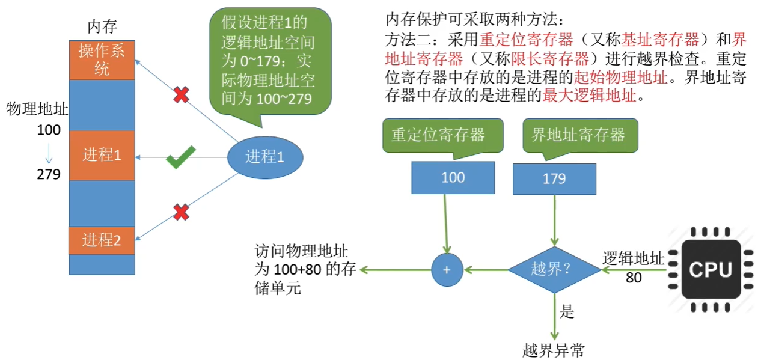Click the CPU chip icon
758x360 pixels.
tap(711, 270)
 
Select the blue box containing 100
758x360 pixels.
tap(453, 178)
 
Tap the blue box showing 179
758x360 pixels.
tap(554, 179)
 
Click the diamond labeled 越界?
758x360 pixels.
tap(554, 270)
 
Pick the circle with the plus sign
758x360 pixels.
tap(447, 270)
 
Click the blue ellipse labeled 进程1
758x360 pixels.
tap(265, 157)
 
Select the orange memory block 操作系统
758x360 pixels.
tap(102, 60)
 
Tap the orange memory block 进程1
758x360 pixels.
tap(102, 155)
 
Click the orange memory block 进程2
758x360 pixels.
tap(102, 240)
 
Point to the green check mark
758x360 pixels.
tap(180, 157)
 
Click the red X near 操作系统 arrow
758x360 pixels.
tap(181, 95)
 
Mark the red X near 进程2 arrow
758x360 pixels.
tap(181, 212)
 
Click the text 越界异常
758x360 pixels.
tap(554, 350)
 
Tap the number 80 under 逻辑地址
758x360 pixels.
tap(634, 278)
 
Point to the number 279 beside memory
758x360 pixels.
tap(49, 174)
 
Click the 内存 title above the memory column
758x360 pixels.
tap(102, 26)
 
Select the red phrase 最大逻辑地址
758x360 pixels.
tap(590, 96)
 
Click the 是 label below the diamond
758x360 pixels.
tap(567, 311)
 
